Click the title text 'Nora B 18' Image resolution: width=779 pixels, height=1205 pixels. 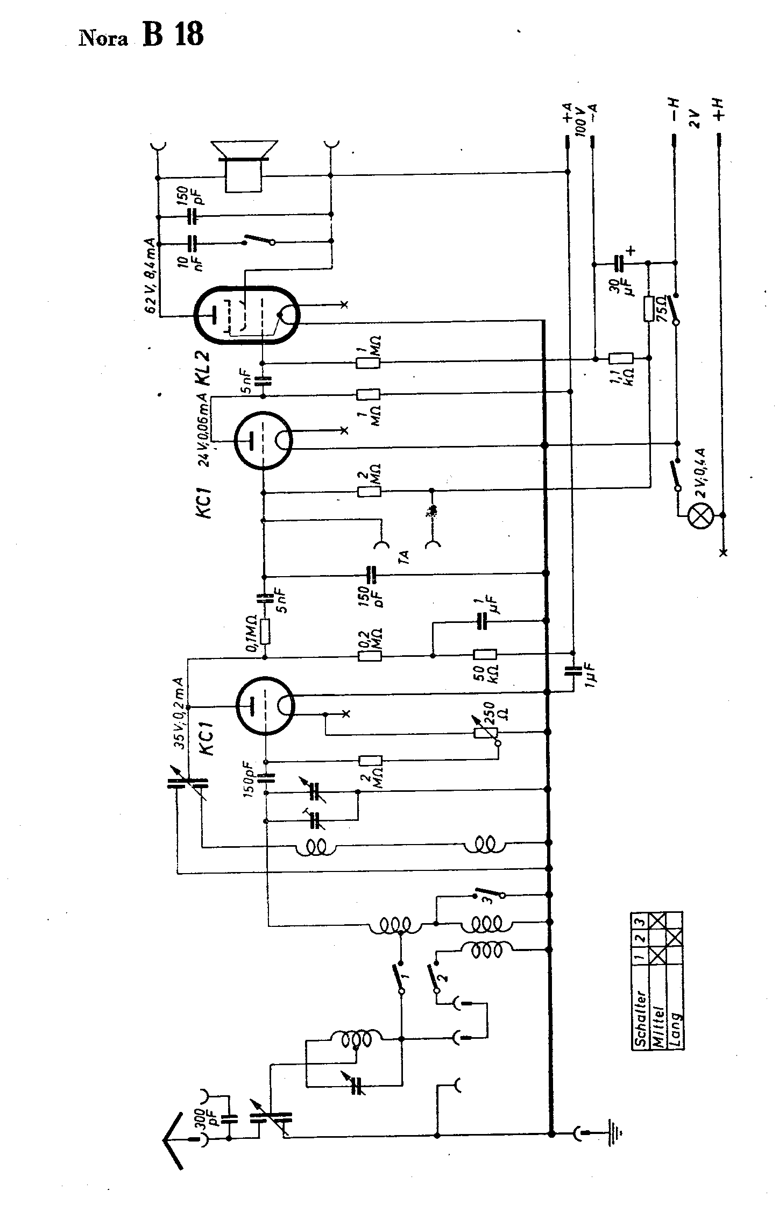[141, 36]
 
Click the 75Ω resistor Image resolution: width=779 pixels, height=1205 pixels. [649, 309]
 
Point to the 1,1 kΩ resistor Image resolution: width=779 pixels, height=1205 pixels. [620, 359]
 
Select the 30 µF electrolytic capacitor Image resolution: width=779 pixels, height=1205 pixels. [619, 264]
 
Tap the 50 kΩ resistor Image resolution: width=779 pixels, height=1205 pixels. [485, 655]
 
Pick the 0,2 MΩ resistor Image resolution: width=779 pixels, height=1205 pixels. [370, 656]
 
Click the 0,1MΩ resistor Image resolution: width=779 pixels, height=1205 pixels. [264, 632]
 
